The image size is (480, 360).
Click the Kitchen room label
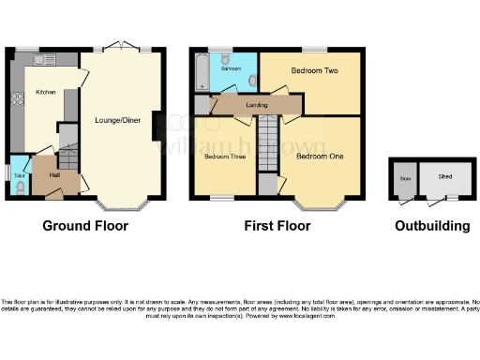45,92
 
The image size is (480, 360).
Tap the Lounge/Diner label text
117,119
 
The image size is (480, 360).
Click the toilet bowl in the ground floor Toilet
20,186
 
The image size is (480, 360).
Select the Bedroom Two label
312,71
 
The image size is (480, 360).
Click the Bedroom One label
319,157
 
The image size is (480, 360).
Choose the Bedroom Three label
225,157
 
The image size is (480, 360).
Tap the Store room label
405,177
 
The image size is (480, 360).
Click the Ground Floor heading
85,226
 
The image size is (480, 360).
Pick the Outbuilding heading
431,226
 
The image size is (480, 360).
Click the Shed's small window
451,199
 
